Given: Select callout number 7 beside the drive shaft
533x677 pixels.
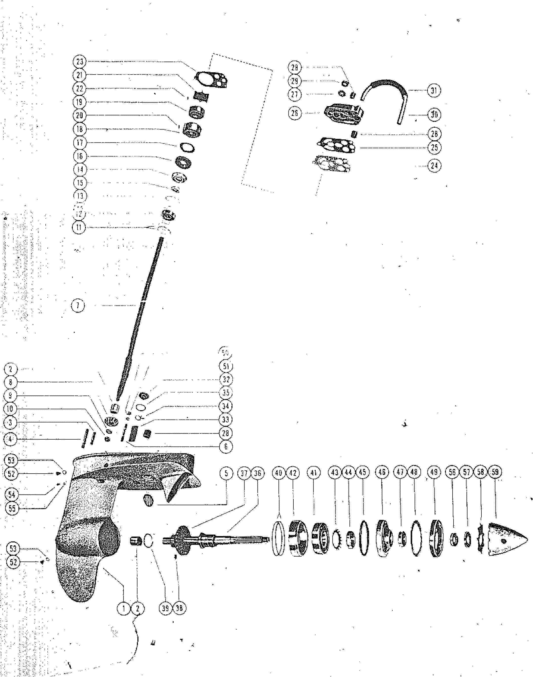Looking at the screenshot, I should tap(78, 306).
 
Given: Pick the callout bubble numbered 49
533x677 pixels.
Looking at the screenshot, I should tap(434, 472).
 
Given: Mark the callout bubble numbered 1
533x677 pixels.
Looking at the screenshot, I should tap(124, 608).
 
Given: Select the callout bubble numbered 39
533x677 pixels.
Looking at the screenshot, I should tap(165, 608).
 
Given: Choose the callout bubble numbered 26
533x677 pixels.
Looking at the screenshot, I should tap(295, 113).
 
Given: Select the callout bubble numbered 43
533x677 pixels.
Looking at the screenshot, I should tap(335, 472).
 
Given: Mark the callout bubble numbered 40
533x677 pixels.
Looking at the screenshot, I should tap(278, 472).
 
